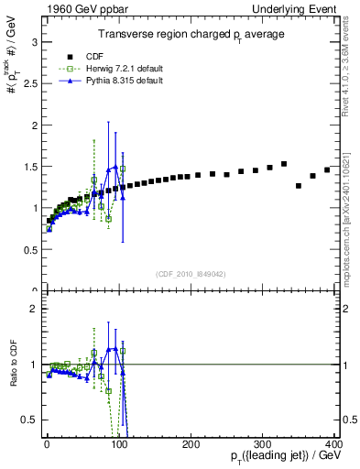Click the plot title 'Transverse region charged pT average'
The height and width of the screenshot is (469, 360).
point(191,34)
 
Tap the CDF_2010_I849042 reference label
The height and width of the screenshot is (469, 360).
point(191,272)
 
